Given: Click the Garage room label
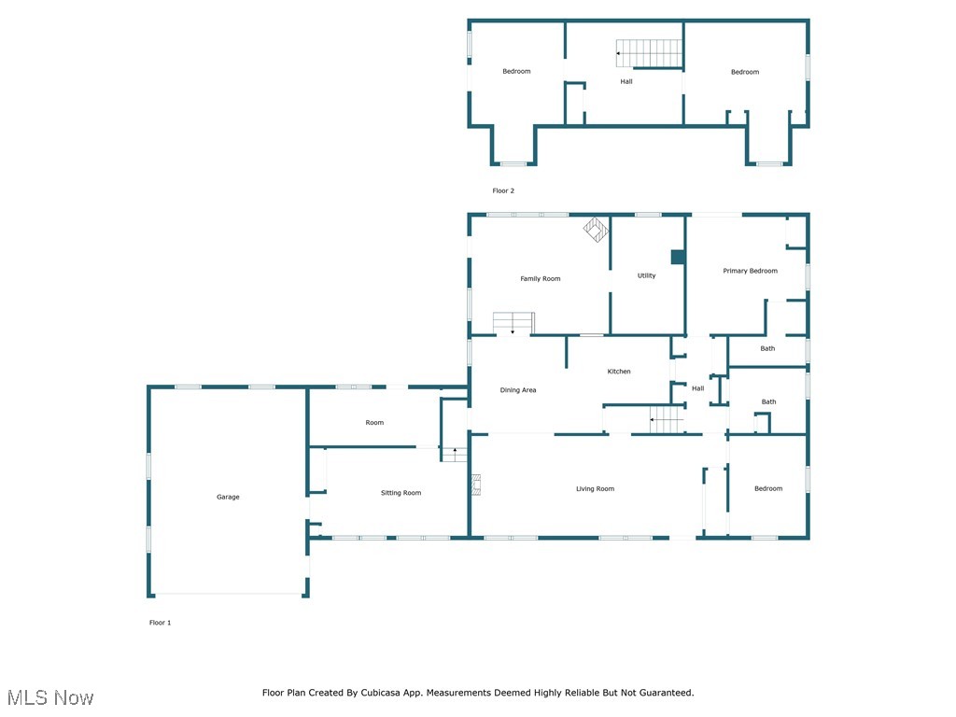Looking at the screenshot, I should (228, 497).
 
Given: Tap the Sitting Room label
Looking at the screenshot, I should (401, 493).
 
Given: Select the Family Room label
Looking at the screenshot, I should (540, 279).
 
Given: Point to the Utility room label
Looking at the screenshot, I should (646, 275).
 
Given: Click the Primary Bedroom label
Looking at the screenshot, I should (750, 271).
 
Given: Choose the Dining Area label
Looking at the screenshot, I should (518, 390).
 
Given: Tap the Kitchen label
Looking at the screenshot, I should (619, 372).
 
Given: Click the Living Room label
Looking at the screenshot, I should (595, 489).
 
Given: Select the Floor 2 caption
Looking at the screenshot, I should (503, 190).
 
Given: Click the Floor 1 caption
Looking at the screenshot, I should (160, 623).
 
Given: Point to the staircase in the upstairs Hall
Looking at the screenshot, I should (649, 53).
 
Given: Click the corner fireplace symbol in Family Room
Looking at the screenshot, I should (597, 229).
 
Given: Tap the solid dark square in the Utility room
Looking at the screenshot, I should (678, 257).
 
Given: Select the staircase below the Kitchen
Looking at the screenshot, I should (668, 420).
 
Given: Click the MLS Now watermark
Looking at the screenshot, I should (50, 697).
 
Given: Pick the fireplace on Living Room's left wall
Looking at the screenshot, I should (475, 485).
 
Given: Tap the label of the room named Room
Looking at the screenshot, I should (374, 423).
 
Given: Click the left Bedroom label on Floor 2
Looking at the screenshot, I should (516, 72).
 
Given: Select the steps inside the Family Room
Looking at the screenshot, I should (513, 322).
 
